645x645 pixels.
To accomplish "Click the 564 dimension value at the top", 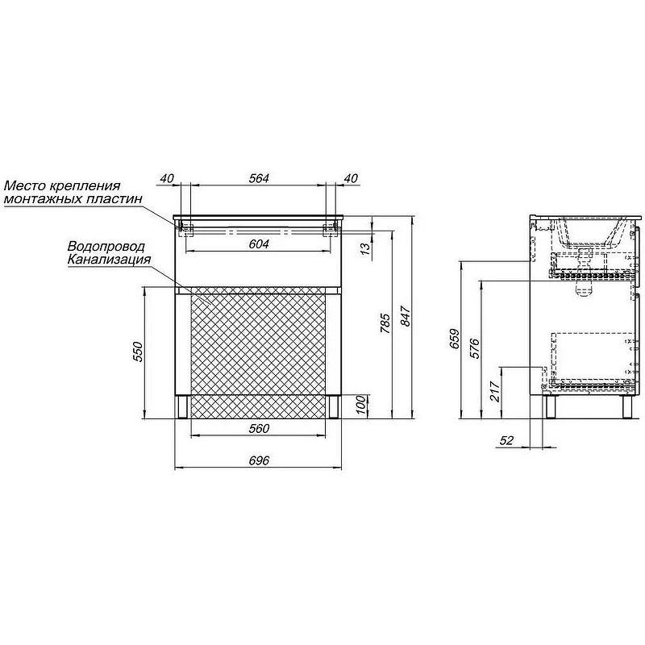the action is [259, 178].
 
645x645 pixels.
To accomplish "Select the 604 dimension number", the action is [259, 244].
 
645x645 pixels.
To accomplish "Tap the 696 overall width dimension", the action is [259, 460].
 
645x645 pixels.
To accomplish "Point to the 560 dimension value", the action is [259, 428].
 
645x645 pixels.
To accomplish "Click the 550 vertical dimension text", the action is [138, 352].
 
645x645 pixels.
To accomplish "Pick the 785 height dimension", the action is [385, 323].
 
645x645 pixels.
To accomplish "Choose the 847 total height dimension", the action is [406, 316].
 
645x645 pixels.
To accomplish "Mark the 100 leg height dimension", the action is [360, 405].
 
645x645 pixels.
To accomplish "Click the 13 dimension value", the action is [365, 248].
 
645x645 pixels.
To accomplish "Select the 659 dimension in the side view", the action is [455, 339].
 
